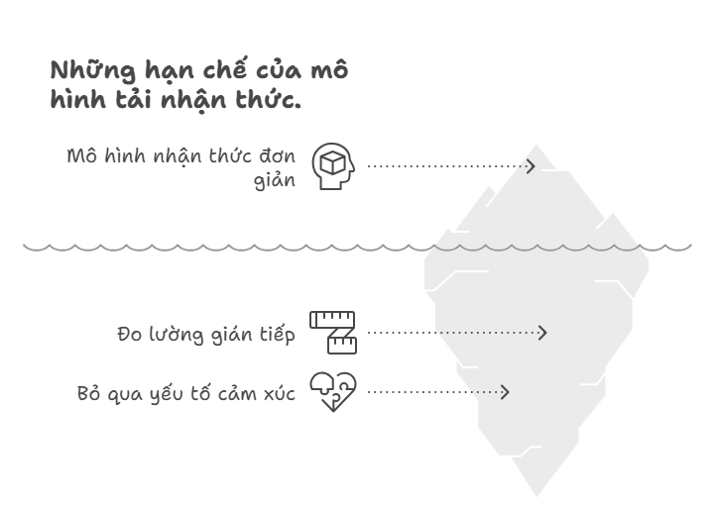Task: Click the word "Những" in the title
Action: pos(93,70)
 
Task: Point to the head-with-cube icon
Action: pos(333,165)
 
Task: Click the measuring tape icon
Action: pos(333,333)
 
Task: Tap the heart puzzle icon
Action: pos(333,392)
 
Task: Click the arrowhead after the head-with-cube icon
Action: pos(531,166)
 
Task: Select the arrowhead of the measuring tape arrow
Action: pos(542,333)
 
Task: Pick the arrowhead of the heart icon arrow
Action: pos(505,392)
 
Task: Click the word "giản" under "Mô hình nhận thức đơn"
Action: pos(275,180)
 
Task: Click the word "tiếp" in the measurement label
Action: pos(278,334)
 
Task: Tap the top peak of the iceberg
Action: pos(536,146)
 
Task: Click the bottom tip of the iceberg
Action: pos(536,496)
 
